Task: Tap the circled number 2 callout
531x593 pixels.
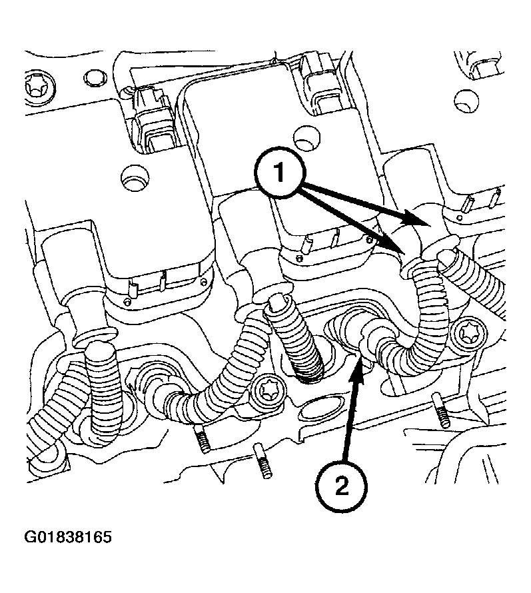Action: click(x=340, y=486)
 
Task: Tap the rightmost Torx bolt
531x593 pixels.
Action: click(x=464, y=332)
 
